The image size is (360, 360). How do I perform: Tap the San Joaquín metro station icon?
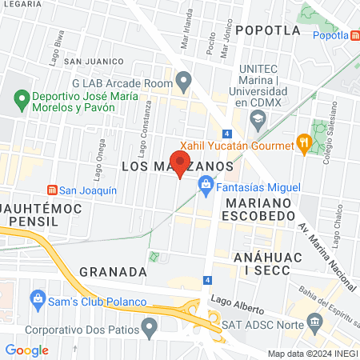53,190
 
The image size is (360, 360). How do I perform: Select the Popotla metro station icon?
354,35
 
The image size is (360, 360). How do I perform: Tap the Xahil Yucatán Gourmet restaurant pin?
303,144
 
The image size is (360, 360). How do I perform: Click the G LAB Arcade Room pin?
184,81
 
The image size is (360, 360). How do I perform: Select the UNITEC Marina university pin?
258,121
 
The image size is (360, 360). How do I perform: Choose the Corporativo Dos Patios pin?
149,328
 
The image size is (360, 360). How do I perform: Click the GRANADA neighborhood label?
114,272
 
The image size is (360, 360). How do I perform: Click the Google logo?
27,350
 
